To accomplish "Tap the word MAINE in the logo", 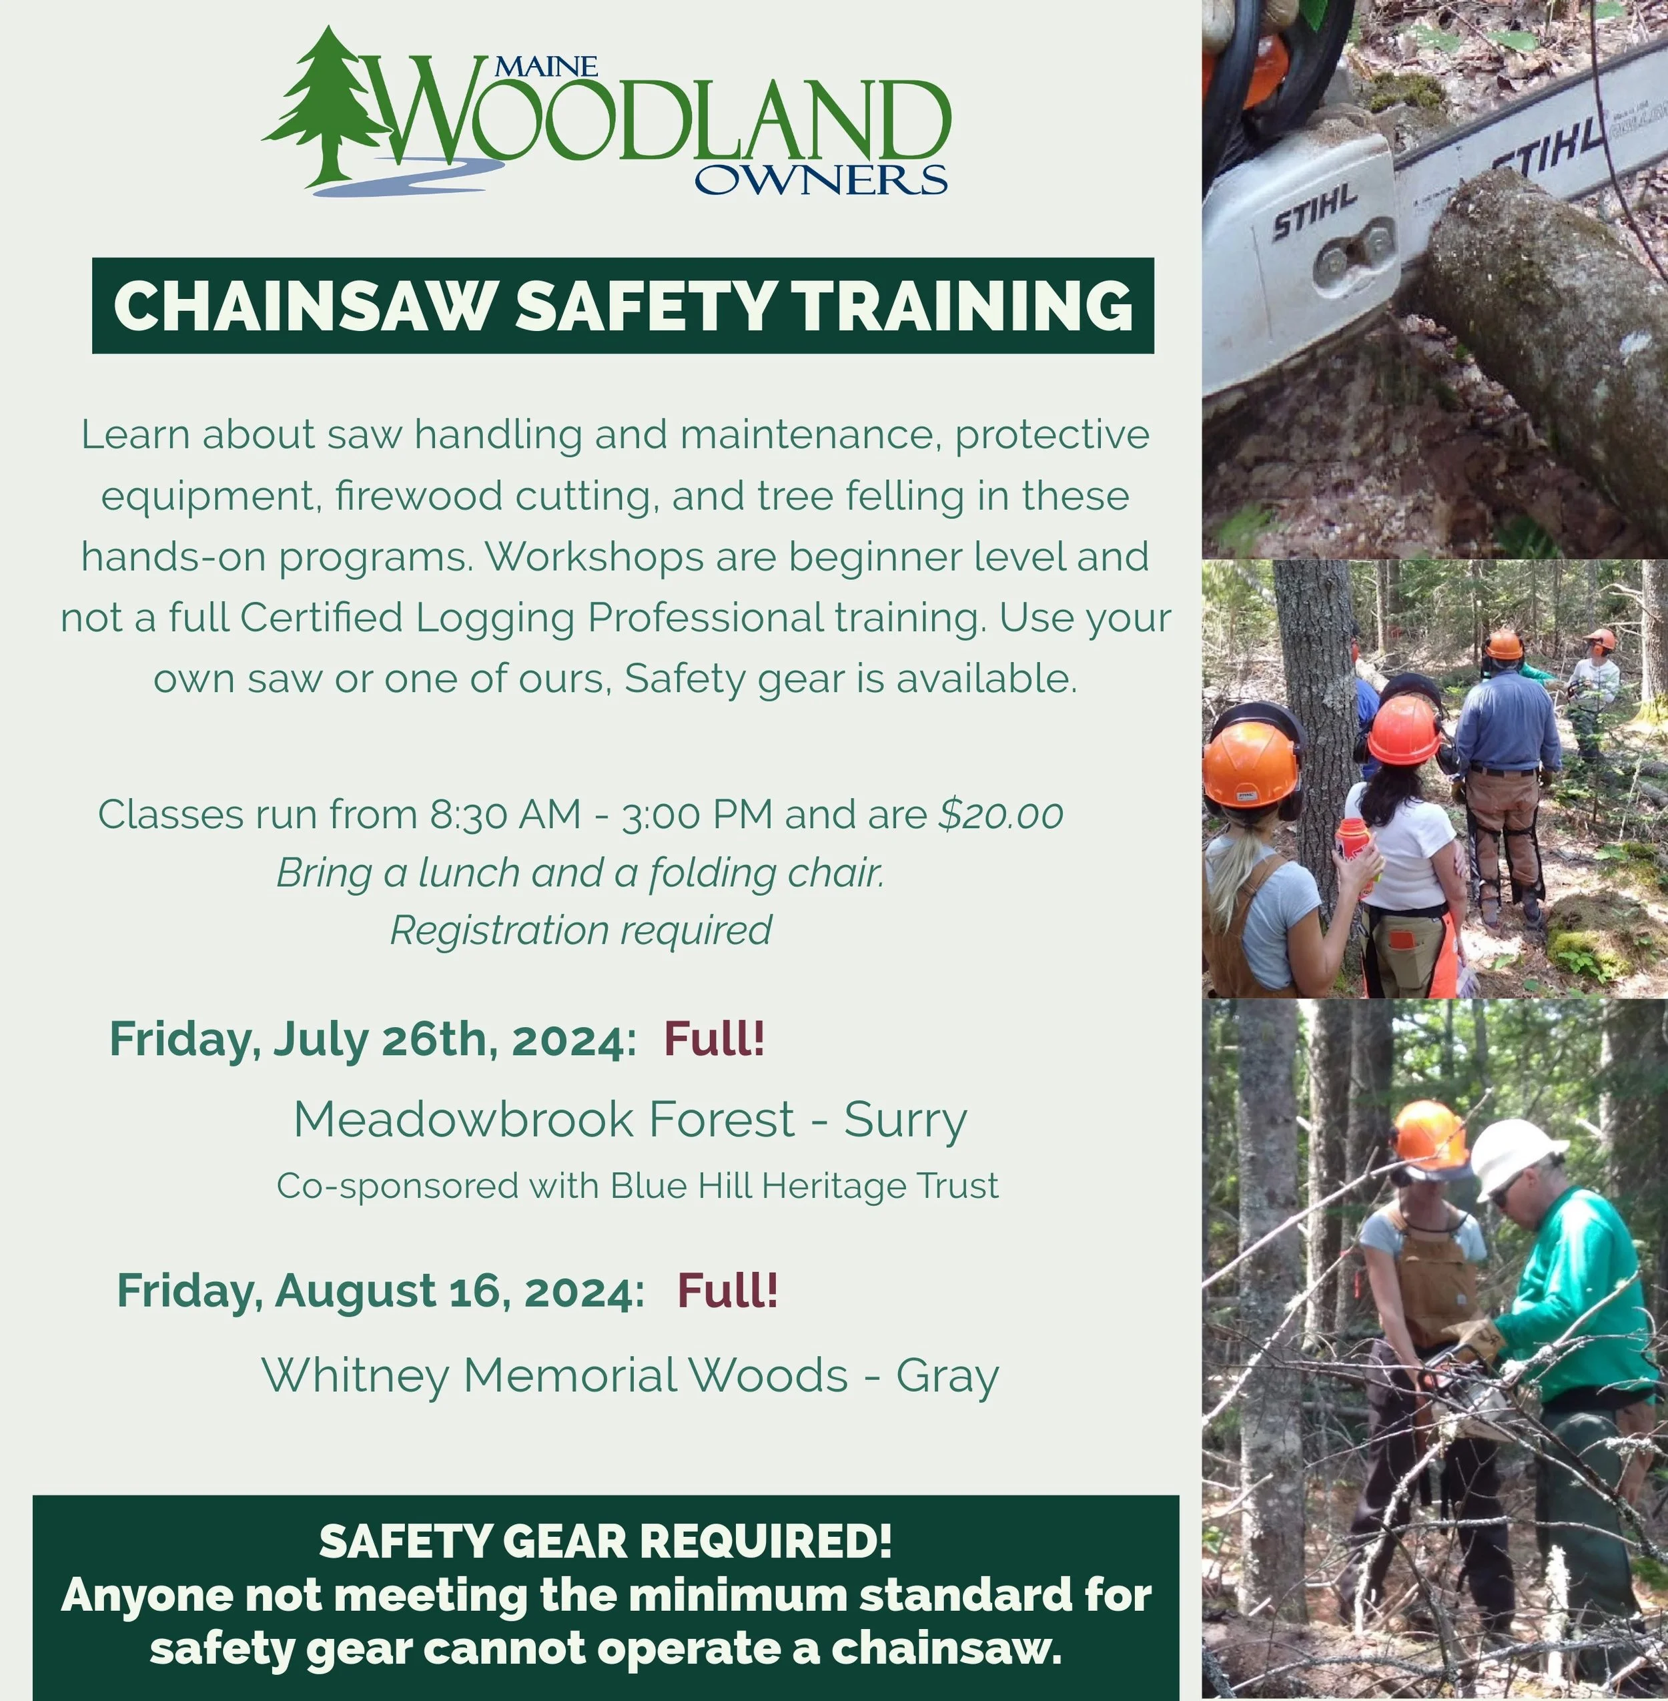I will (x=546, y=67).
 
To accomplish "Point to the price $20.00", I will (x=1000, y=814).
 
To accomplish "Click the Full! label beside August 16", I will (x=727, y=1290).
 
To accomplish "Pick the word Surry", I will (x=905, y=1119).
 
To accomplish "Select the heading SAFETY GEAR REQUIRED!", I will (x=605, y=1542).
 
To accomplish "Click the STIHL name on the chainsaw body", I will (x=1314, y=215).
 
